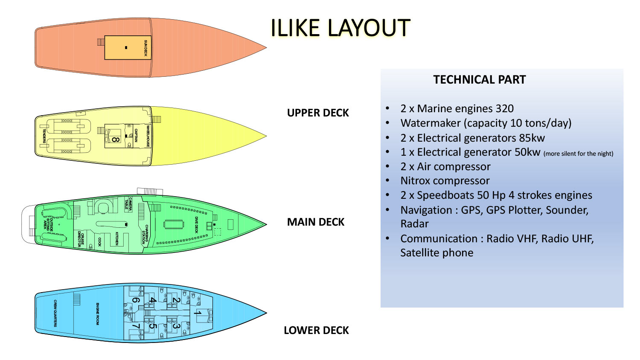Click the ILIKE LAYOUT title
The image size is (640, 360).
tap(340, 28)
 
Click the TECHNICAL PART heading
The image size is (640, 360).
tap(479, 80)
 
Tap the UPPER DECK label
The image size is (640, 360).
tap(318, 113)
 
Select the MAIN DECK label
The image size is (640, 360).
tap(315, 222)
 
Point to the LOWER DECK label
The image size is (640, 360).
tap(316, 331)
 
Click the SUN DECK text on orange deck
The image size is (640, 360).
tap(145, 48)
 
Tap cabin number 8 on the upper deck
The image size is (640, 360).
tap(115, 139)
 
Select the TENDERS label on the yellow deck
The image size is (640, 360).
tap(44, 136)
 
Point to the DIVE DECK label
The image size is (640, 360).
tap(196, 225)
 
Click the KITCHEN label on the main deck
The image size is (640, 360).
tap(117, 238)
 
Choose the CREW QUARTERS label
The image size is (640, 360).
tap(55, 314)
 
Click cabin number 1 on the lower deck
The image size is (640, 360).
tap(197, 314)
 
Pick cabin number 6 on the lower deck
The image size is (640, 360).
tap(135, 300)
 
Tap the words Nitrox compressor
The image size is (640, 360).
tap(445, 181)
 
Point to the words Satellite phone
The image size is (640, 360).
tap(436, 253)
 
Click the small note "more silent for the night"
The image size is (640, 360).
tap(578, 154)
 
